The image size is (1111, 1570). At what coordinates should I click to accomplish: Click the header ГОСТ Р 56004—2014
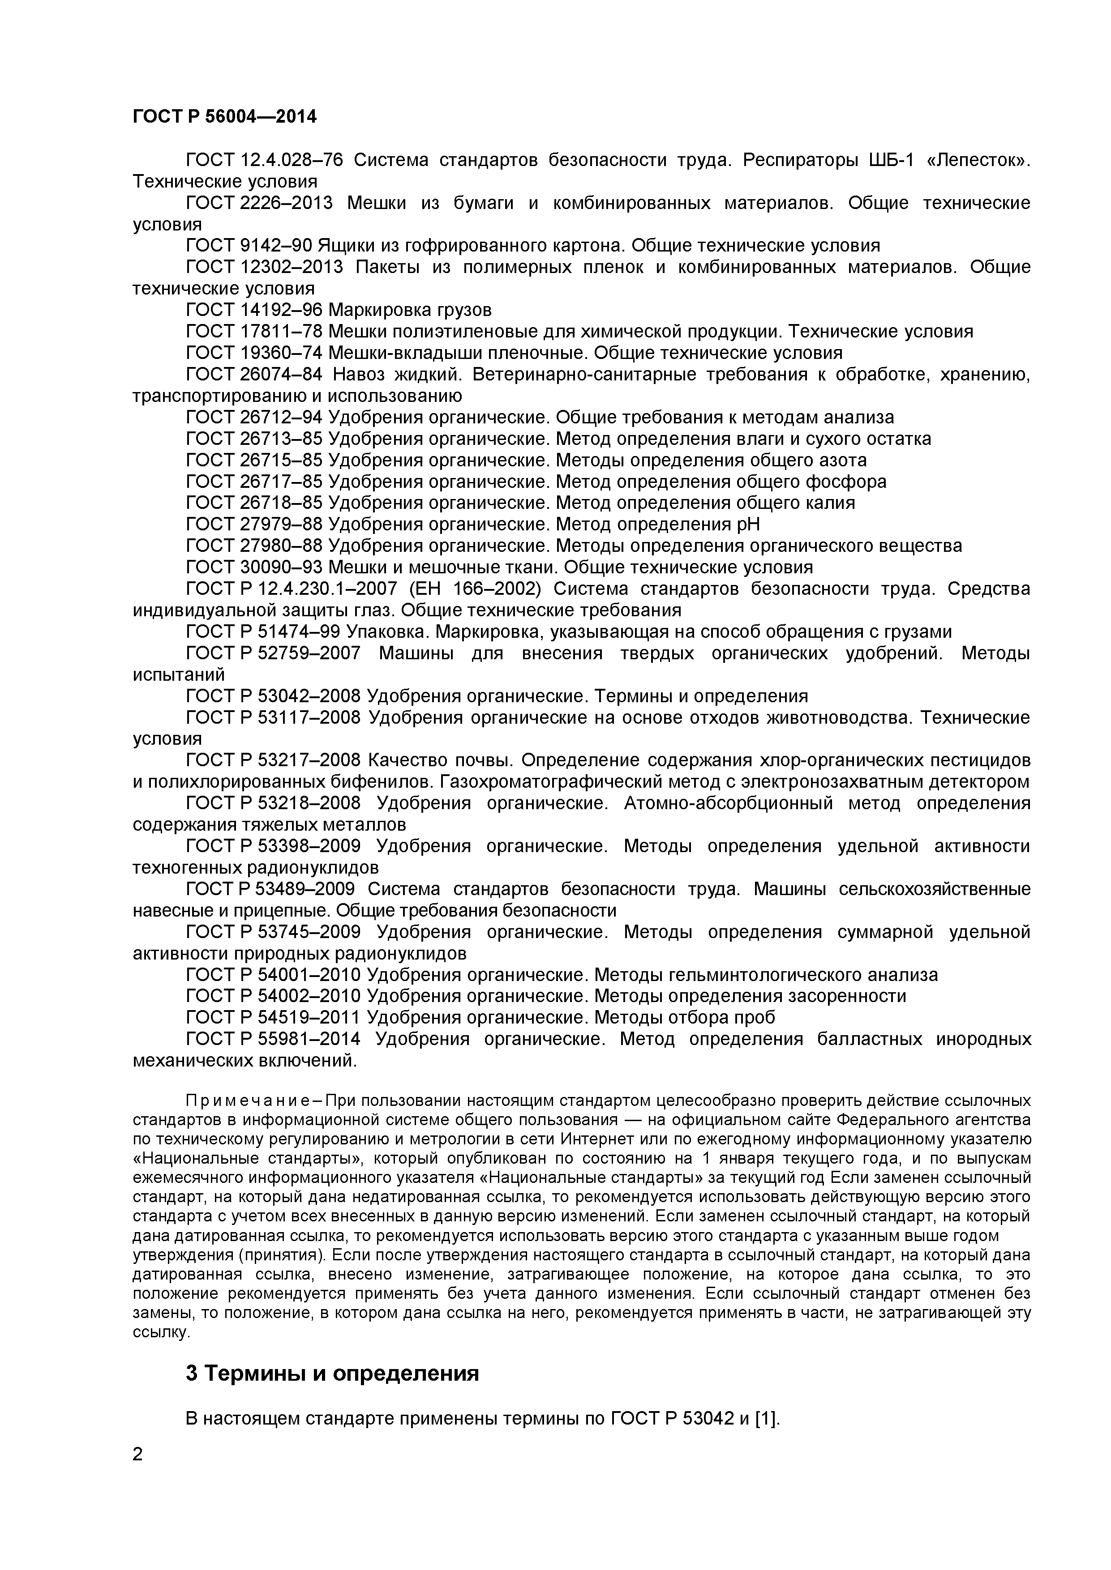tap(224, 117)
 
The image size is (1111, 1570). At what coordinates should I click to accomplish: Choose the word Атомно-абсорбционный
tap(727, 803)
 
